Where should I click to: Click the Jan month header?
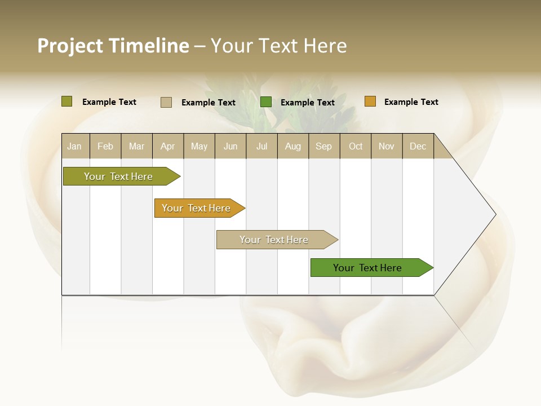[74, 147]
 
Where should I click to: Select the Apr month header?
[167, 147]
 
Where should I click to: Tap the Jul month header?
[261, 147]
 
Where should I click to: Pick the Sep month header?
[323, 147]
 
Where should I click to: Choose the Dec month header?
[418, 147]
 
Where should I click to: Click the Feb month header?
[105, 147]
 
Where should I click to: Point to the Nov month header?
[386, 147]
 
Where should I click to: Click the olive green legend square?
[67, 101]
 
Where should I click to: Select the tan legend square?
[166, 102]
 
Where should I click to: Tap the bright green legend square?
[266, 102]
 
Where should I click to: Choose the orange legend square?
[370, 101]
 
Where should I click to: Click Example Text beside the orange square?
[411, 102]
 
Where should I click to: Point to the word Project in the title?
[70, 46]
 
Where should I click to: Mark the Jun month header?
[230, 147]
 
